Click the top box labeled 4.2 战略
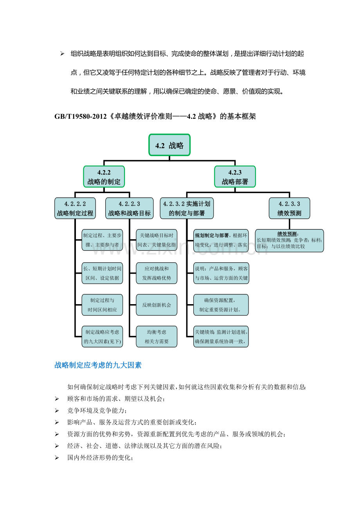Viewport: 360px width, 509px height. (169, 145)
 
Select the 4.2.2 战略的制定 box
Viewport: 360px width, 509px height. (104, 177)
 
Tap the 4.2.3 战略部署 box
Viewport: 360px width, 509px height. (235, 177)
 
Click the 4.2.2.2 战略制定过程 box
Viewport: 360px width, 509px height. (75, 208)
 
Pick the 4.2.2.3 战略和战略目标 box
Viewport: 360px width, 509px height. (130, 208)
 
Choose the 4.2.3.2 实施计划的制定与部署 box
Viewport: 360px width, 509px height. (187, 208)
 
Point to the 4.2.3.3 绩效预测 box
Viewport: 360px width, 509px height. (289, 208)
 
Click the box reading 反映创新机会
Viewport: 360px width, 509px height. (157, 305)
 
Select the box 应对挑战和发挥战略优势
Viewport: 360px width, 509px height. (157, 273)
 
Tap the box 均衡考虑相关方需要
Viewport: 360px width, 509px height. (157, 337)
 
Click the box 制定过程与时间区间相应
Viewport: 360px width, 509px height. (103, 305)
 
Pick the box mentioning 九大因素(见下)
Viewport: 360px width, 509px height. (103, 337)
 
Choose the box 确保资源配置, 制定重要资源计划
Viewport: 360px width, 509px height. (221, 305)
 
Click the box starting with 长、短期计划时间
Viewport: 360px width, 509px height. (103, 273)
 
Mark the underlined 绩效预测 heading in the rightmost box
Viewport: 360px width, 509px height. (287, 234)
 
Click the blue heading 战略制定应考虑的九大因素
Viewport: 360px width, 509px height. (98, 365)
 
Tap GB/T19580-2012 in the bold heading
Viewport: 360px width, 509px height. (81, 116)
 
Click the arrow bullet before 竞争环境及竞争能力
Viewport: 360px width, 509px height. (57, 410)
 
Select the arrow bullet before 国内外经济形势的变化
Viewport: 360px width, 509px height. (57, 458)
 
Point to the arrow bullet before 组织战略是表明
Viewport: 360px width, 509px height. (62, 54)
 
